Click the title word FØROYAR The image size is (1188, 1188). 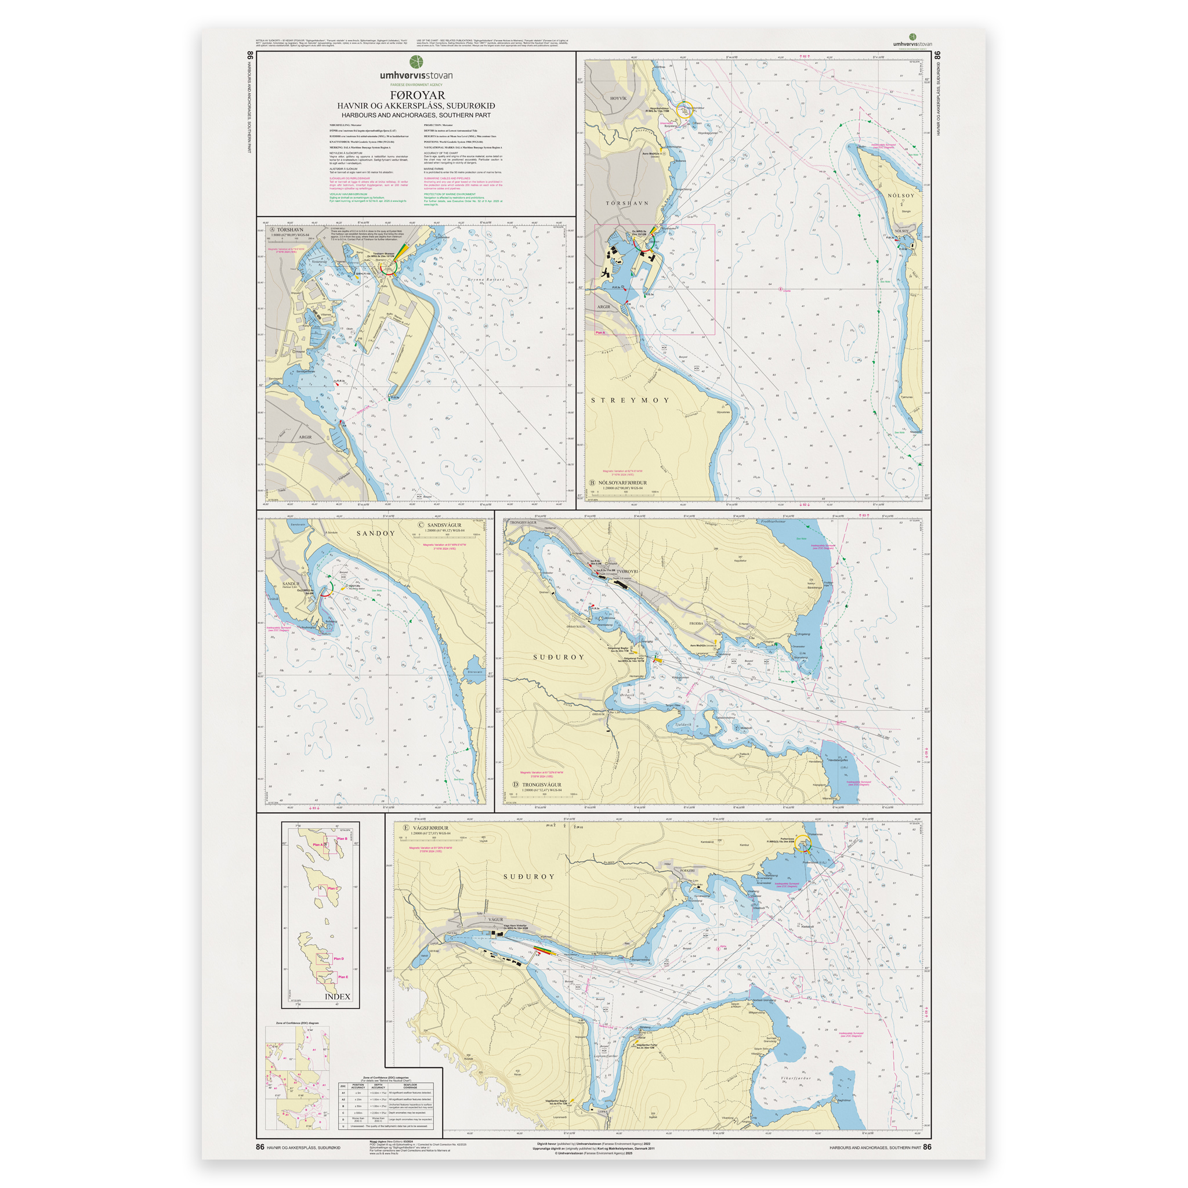pyautogui.click(x=417, y=95)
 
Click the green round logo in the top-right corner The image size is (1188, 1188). pyautogui.click(x=912, y=37)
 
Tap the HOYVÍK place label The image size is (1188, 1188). pyautogui.click(x=618, y=99)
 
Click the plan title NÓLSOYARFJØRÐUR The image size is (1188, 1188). pyautogui.click(x=622, y=483)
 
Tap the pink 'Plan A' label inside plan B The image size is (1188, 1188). pyautogui.click(x=600, y=332)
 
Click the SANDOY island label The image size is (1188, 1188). pyautogui.click(x=376, y=533)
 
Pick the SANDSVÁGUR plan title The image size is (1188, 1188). pyautogui.click(x=444, y=525)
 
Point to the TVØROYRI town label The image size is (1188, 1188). pyautogui.click(x=628, y=571)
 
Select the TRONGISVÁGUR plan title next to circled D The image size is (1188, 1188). pyautogui.click(x=542, y=785)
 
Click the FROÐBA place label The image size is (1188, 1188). pyautogui.click(x=696, y=624)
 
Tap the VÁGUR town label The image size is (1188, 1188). pyautogui.click(x=495, y=919)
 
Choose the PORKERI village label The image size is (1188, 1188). pyautogui.click(x=687, y=871)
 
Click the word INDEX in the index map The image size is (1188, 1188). pyautogui.click(x=337, y=997)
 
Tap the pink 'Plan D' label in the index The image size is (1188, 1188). pyautogui.click(x=338, y=959)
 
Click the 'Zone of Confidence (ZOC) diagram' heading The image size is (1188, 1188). pyautogui.click(x=293, y=1023)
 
